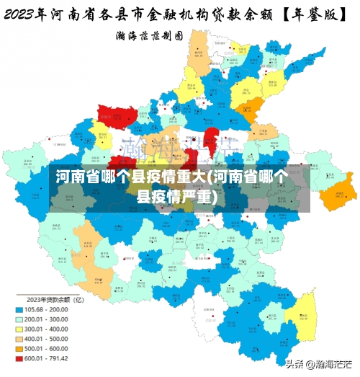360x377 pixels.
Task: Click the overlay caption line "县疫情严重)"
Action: point(180,196)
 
